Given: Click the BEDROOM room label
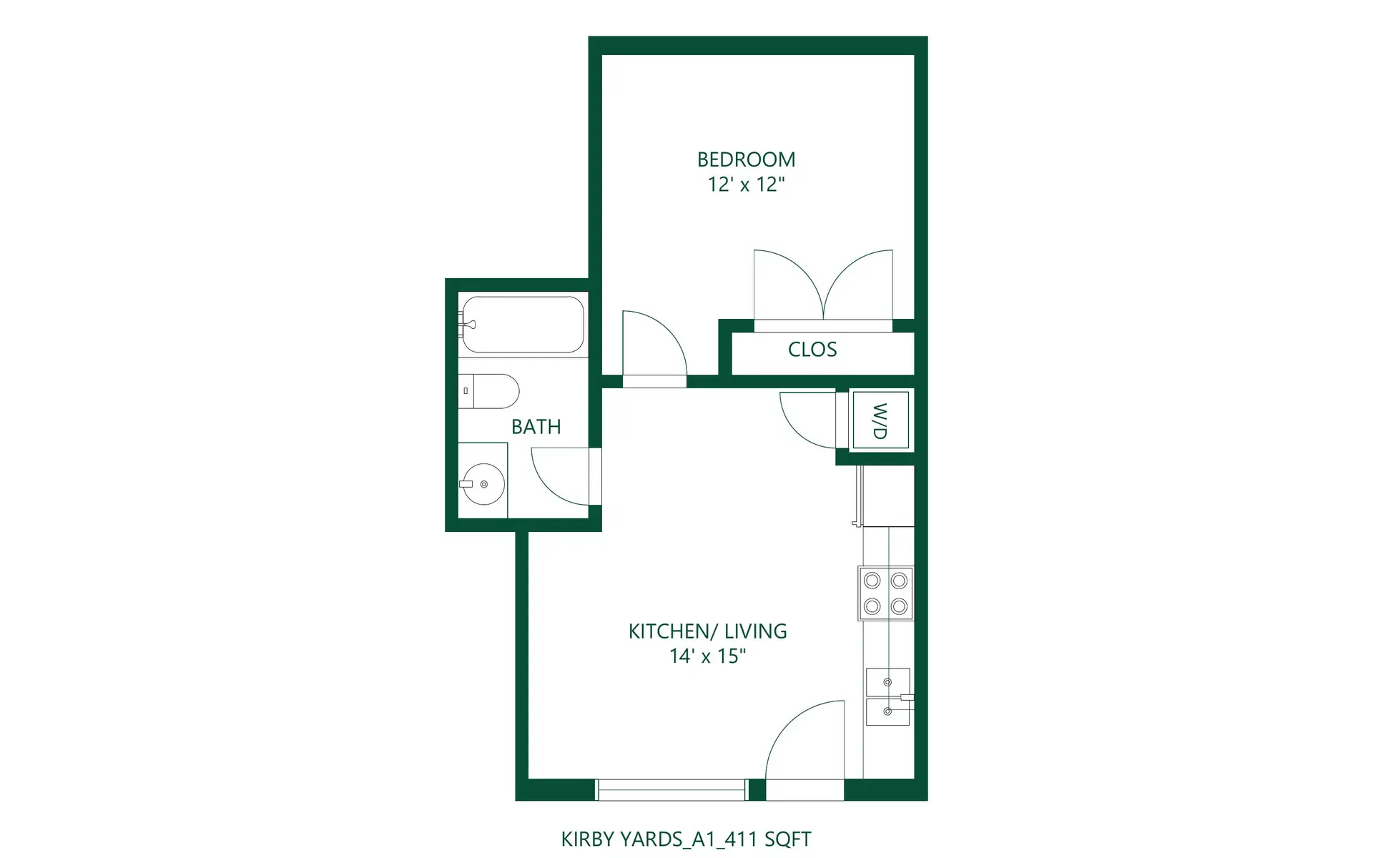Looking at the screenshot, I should [x=746, y=159].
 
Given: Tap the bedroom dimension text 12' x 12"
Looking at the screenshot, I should [x=746, y=184].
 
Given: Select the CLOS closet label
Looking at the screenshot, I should [x=812, y=350].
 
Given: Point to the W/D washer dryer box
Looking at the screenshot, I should [x=880, y=420].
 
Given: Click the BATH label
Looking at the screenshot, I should [x=536, y=427].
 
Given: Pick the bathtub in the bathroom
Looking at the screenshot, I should [x=523, y=325].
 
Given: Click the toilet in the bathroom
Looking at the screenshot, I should [x=489, y=391].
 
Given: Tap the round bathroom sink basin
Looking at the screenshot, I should [x=484, y=484].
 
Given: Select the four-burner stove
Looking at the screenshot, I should [x=885, y=593].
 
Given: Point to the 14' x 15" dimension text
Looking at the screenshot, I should [x=707, y=656].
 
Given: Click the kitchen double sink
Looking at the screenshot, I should [x=887, y=696].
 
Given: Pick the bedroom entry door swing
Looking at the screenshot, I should [x=652, y=345].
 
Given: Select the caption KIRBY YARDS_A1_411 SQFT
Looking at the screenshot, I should [x=686, y=839].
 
